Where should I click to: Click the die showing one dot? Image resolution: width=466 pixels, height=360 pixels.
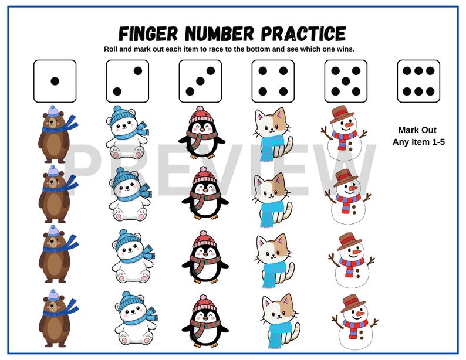point(55,81)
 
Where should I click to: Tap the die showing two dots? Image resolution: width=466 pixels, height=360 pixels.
point(127,81)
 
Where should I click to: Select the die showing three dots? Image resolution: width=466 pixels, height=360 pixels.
point(200,81)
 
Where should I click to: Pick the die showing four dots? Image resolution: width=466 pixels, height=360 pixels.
point(273,81)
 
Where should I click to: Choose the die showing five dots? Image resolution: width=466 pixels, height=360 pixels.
point(346,81)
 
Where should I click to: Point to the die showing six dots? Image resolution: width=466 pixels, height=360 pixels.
point(418,81)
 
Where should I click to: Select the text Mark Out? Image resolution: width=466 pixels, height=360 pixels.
point(418,130)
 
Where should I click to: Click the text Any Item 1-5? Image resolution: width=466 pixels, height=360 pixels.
point(418,142)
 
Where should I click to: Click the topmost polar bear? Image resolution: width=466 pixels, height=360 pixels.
point(127,134)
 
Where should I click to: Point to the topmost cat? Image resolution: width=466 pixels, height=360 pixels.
point(272,134)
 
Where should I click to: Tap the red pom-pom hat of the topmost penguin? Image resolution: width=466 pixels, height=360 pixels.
point(201,114)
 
